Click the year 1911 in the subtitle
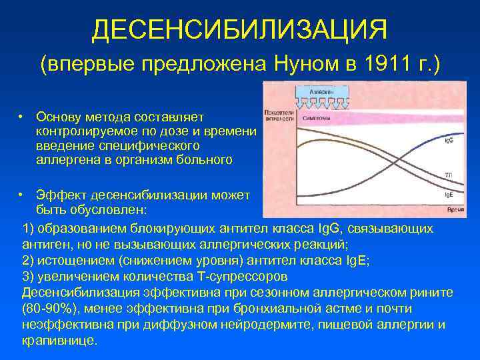(381, 65)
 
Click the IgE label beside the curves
(450, 195)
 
